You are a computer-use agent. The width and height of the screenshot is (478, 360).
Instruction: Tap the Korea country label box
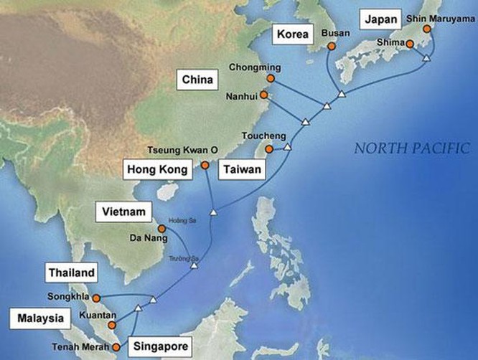(294, 35)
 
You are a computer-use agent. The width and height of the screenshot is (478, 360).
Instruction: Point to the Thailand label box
(72, 273)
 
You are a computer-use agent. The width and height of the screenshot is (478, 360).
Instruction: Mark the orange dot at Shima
(410, 44)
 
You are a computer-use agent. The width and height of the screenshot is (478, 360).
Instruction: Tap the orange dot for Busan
(331, 47)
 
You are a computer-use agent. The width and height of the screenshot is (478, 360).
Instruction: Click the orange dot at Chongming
(271, 78)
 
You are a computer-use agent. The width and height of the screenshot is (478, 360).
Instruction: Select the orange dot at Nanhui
(263, 94)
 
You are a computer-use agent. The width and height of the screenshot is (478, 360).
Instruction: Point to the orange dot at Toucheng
(269, 149)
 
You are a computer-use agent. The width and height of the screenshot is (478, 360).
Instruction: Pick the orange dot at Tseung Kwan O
(205, 165)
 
